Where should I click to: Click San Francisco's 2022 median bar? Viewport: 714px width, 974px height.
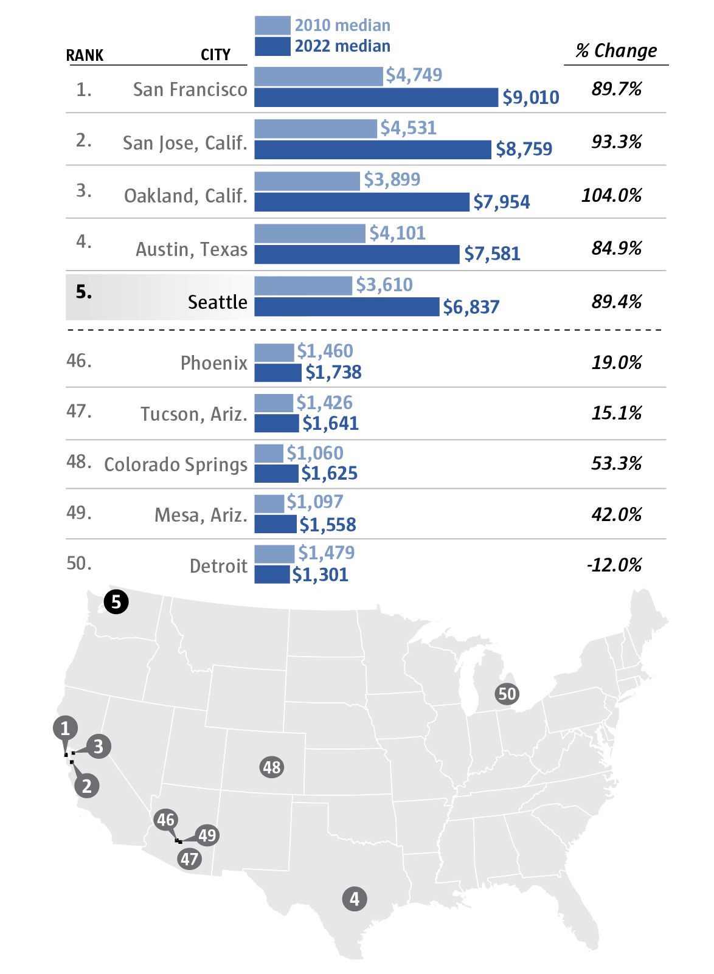click(376, 97)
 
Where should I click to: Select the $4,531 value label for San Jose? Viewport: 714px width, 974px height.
click(408, 128)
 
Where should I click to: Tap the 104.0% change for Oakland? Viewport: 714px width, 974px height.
click(611, 195)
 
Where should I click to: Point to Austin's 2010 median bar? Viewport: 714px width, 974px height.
click(310, 233)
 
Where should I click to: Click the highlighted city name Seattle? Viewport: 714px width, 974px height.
click(217, 302)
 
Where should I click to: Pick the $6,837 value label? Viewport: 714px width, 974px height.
click(471, 307)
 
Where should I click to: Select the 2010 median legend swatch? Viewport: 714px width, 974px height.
click(272, 26)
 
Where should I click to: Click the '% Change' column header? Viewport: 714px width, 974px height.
click(616, 50)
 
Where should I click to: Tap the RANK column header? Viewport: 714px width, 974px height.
click(85, 55)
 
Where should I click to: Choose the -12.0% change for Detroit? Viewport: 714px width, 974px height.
click(614, 565)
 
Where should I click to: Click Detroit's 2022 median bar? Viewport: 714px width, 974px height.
click(272, 575)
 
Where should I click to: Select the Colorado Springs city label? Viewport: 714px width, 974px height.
click(176, 465)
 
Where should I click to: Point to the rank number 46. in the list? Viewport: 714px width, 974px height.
click(79, 361)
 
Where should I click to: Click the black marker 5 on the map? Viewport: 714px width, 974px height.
click(116, 603)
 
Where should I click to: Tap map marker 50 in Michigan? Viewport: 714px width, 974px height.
click(507, 694)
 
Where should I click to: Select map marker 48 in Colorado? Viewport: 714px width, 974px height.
click(271, 767)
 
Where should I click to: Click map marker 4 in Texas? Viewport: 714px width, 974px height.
click(355, 899)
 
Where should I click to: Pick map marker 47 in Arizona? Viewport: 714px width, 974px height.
click(189, 859)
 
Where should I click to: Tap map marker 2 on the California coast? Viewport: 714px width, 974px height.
click(87, 786)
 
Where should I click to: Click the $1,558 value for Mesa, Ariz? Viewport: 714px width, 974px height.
click(327, 525)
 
